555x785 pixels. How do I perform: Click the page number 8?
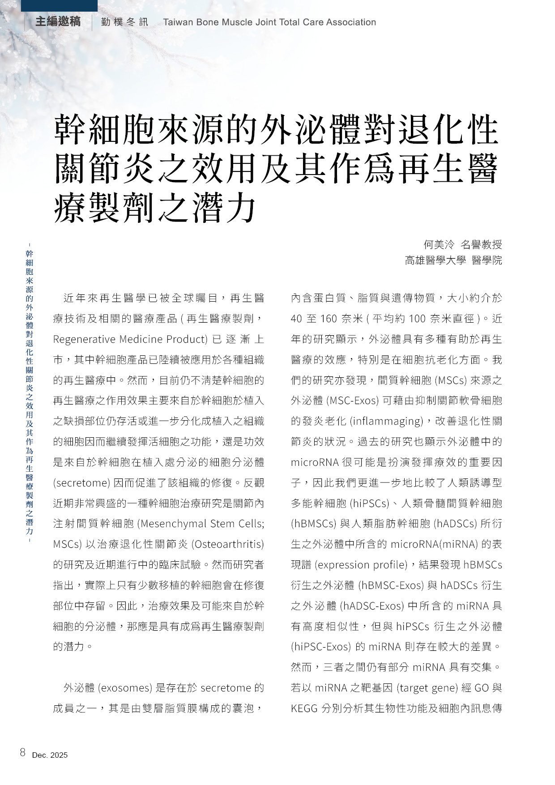coord(23,752)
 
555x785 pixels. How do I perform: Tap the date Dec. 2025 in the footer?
coord(50,755)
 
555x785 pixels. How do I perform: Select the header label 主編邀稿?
coord(58,21)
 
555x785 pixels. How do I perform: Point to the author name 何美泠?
coord(439,244)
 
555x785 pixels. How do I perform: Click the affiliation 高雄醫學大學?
coord(435,260)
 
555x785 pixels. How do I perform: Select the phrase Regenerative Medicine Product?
coord(130,339)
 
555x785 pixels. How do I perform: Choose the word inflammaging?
coord(386,421)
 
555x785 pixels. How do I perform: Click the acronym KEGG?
coord(304,708)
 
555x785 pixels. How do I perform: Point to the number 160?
coord(329,319)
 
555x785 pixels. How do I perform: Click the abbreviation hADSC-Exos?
coord(372,606)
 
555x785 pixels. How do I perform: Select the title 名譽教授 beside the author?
coord(481,244)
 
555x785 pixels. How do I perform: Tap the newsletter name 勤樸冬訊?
coord(124,22)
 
